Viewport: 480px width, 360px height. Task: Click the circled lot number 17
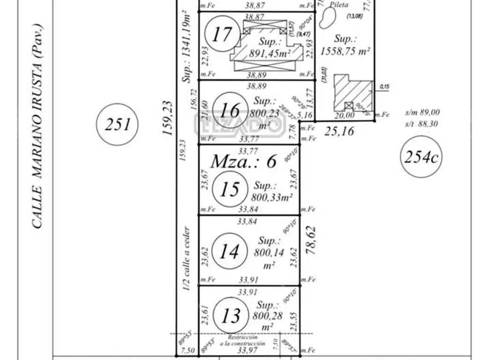click(222, 34)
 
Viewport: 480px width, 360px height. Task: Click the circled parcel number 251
click(117, 125)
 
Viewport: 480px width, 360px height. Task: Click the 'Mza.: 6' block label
click(243, 162)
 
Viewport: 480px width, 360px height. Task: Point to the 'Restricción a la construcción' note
click(242, 340)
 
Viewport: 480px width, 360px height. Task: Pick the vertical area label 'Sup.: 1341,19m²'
click(187, 47)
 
